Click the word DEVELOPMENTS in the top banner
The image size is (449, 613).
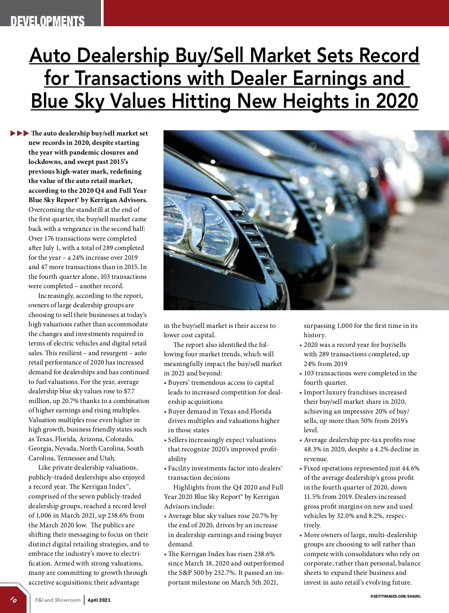(x=48, y=21)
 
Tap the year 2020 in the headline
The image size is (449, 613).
(x=397, y=101)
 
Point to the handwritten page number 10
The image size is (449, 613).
(x=13, y=600)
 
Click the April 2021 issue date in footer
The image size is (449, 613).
(x=99, y=600)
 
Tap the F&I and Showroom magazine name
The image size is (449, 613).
(x=58, y=600)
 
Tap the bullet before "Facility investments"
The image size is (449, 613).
(x=165, y=469)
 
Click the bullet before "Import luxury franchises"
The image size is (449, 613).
(x=301, y=393)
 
